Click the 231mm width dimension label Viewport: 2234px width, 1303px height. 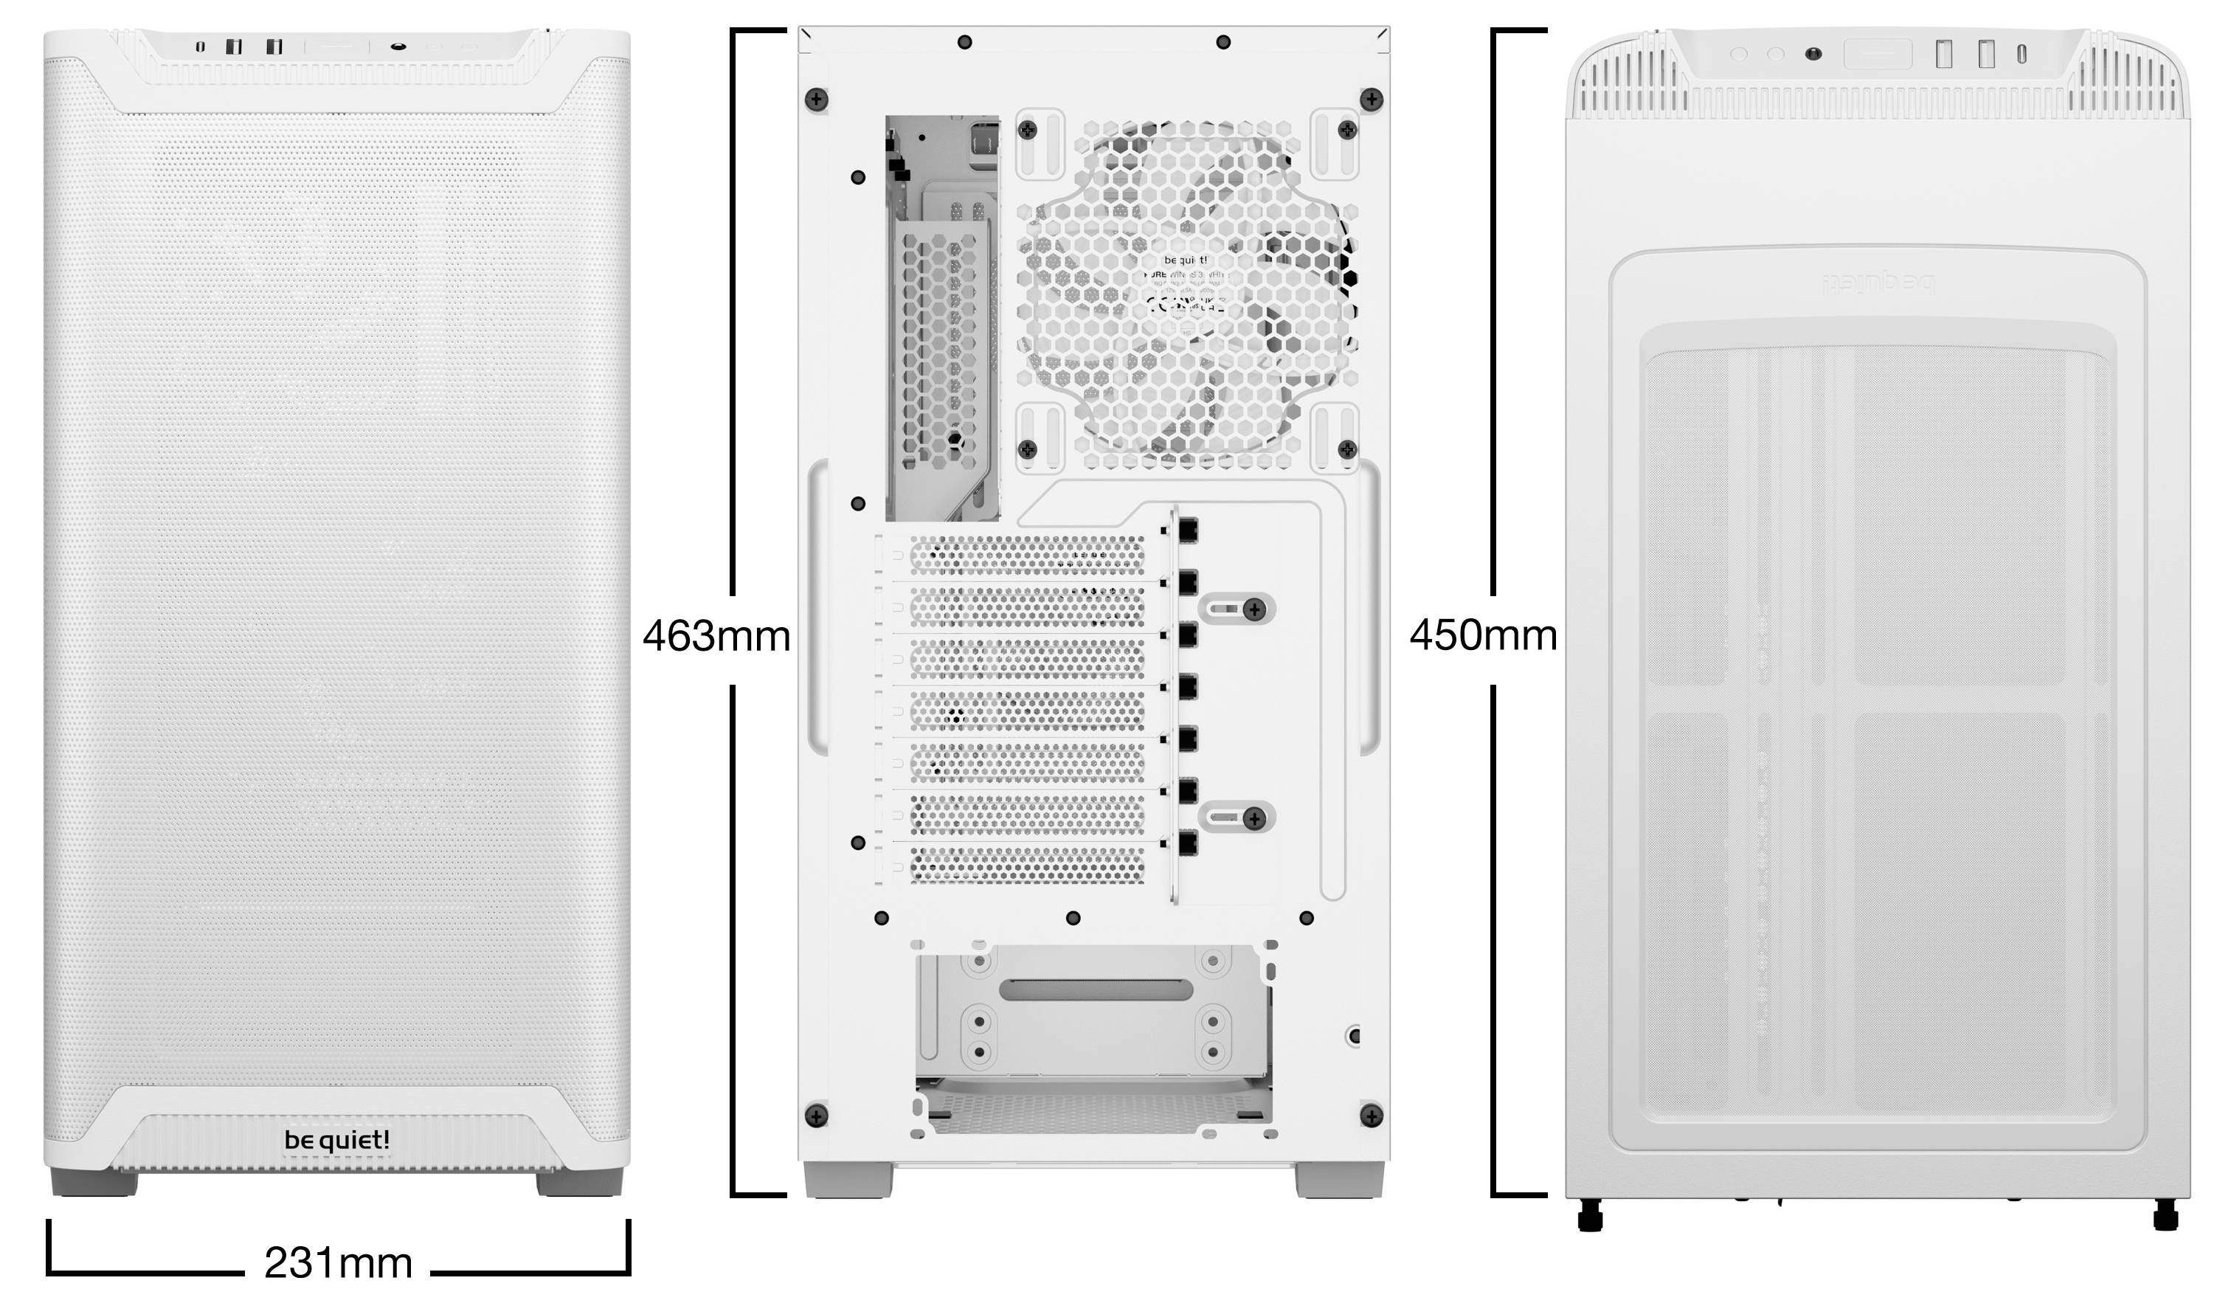click(338, 1263)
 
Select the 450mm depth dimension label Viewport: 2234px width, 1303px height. click(1482, 635)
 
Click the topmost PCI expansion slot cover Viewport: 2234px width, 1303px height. click(1026, 555)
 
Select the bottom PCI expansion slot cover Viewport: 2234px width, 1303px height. click(1026, 864)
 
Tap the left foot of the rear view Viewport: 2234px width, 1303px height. click(848, 1180)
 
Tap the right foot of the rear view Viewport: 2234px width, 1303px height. click(1338, 1180)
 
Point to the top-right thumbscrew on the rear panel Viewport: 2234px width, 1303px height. click(1372, 100)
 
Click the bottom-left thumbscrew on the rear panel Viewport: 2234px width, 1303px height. click(815, 1115)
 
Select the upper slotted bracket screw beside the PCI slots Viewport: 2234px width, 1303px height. click(1253, 609)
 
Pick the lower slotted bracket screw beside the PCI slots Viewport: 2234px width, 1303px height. click(1253, 818)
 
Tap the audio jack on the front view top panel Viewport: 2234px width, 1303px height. click(398, 46)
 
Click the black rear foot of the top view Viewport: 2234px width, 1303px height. click(1591, 1215)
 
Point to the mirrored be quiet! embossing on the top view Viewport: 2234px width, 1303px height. click(1878, 283)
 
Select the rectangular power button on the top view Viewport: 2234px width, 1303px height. click(1877, 54)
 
